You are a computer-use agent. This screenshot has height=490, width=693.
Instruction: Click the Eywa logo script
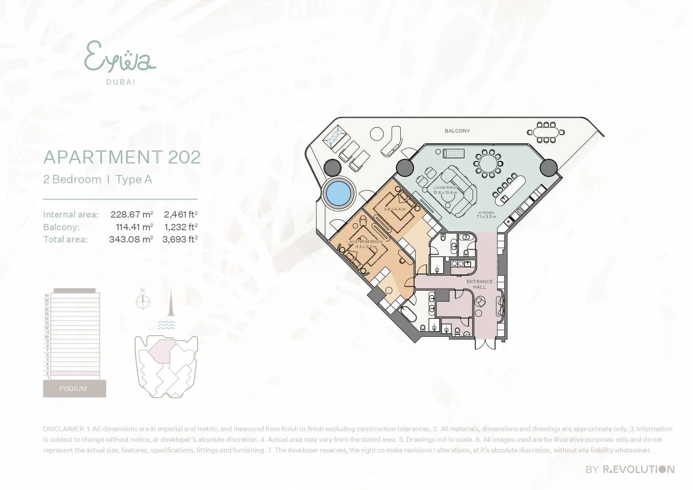[x=120, y=58]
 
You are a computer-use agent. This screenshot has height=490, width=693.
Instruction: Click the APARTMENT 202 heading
[x=122, y=157]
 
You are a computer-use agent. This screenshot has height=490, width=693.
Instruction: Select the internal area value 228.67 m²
[x=132, y=214]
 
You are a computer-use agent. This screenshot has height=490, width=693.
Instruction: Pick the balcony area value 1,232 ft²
[x=181, y=227]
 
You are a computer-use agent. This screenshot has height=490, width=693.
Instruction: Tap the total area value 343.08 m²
[x=131, y=239]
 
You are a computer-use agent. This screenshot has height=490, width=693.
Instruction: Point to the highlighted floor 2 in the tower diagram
[x=75, y=373]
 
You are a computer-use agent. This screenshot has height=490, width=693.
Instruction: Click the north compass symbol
[x=143, y=302]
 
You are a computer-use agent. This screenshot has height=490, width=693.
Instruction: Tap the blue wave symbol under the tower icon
[x=166, y=325]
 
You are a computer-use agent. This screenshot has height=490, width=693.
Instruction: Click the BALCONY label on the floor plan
[x=457, y=131]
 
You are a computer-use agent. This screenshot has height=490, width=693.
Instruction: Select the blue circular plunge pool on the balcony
[x=339, y=193]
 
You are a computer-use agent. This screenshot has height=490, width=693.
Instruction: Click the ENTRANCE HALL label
[x=479, y=284]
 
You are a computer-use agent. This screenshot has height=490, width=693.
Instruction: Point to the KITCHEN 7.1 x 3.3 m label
[x=486, y=215]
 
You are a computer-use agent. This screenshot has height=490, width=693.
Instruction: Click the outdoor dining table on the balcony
[x=546, y=132]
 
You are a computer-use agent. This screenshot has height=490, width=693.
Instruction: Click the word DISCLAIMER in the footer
[x=63, y=429]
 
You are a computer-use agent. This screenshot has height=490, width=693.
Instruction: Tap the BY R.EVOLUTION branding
[x=630, y=469]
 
